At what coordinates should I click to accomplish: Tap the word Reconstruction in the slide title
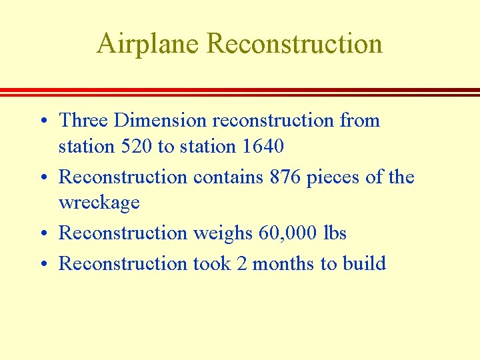pos(294,44)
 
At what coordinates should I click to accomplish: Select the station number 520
pos(136,146)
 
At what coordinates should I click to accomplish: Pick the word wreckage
pos(99,202)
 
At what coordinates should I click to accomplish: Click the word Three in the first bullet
pos(84,121)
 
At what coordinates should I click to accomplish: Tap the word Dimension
pos(161,121)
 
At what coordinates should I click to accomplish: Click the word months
pos(283,264)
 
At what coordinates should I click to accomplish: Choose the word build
pos(364,264)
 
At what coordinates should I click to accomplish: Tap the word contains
pos(229,177)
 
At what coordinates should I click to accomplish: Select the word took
pos(211,264)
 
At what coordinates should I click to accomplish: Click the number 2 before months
pos(241,264)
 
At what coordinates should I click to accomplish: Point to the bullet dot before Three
pos(43,121)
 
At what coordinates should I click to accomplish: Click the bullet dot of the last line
pos(43,265)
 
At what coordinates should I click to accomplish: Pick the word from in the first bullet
pos(359,121)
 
